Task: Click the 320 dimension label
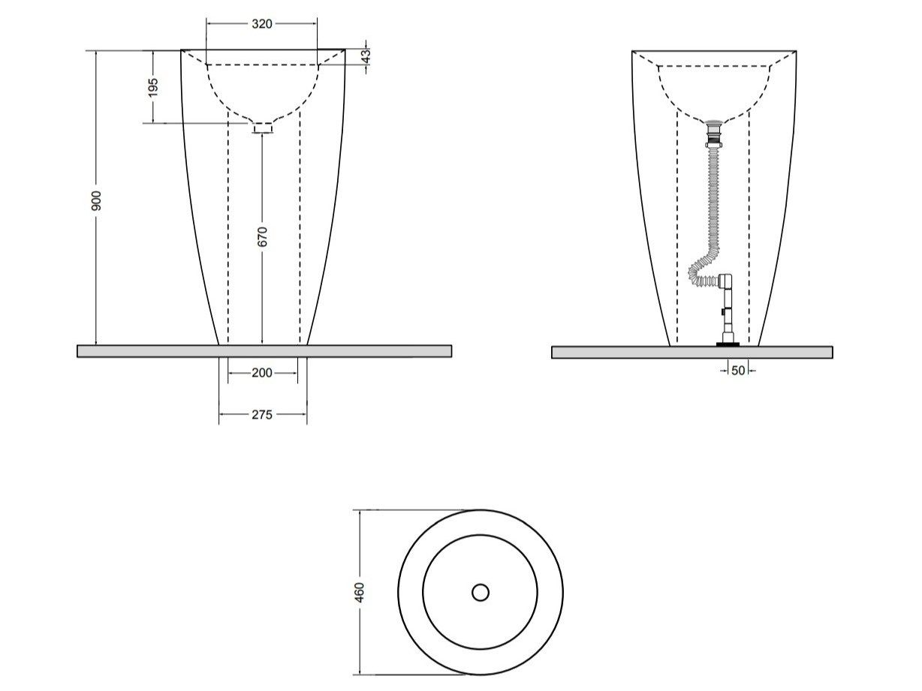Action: pos(261,23)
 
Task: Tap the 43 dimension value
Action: pos(366,56)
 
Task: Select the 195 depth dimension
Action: pos(153,87)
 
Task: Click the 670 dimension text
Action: pos(261,236)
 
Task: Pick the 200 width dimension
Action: pos(261,373)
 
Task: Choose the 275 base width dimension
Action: pos(261,413)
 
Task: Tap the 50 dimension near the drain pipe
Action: pos(738,370)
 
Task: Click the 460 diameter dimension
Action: pos(360,592)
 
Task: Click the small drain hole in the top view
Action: pos(481,593)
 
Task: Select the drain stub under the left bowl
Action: pos(263,128)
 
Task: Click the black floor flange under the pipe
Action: pos(728,344)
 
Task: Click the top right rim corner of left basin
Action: pos(345,50)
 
